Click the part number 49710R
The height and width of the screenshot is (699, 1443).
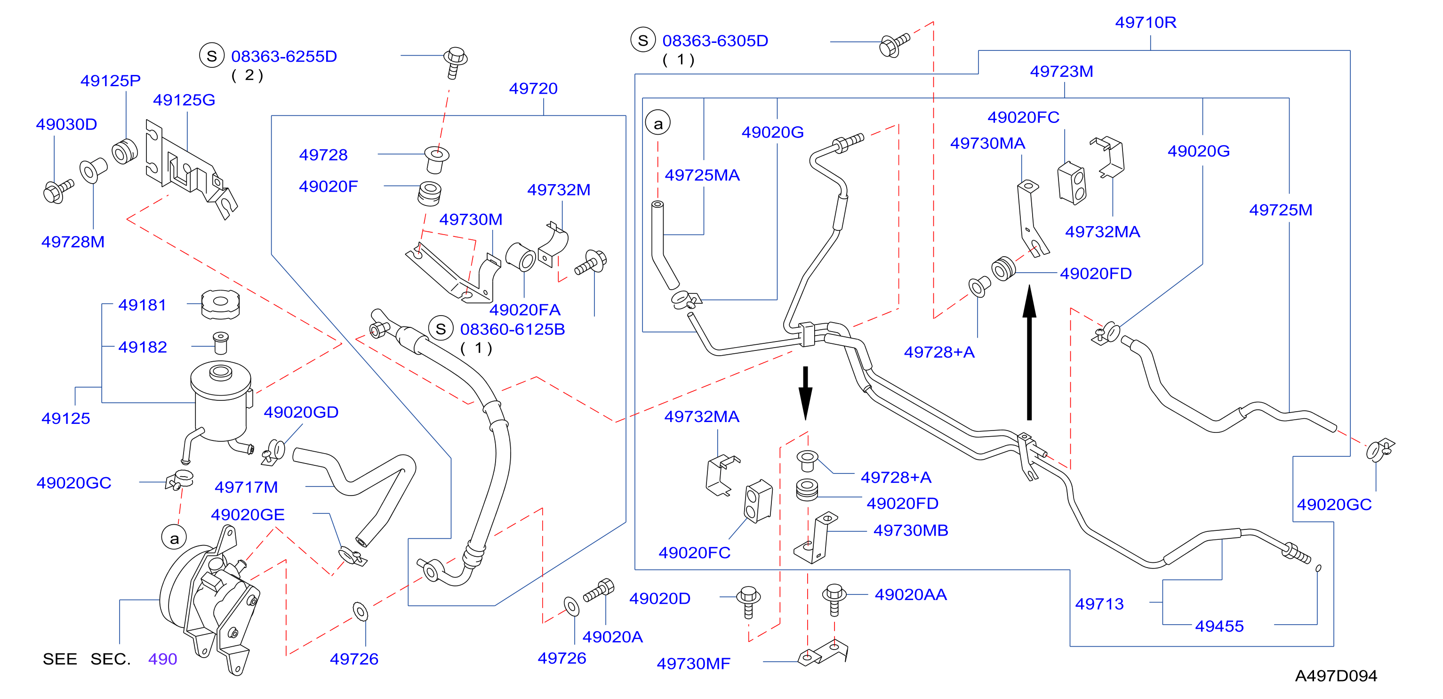pos(1146,23)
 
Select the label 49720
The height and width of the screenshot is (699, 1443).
pos(533,89)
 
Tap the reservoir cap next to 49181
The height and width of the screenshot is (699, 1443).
pos(221,304)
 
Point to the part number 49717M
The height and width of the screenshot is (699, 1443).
pos(246,487)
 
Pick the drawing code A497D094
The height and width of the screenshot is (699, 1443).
pos(1336,675)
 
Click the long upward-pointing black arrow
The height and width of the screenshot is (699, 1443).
pos(1029,352)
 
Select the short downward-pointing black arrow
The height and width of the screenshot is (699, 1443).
pos(806,393)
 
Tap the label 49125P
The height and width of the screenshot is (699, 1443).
pos(110,81)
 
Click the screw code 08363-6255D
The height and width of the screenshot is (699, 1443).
pos(284,56)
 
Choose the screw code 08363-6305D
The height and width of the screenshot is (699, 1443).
pos(715,41)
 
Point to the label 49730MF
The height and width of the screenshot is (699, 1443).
pos(693,664)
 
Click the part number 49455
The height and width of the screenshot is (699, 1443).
pos(1219,626)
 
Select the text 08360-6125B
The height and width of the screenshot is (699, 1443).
pos(513,329)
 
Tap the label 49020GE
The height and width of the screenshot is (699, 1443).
pos(248,514)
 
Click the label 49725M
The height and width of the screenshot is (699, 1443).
pos(1281,210)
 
